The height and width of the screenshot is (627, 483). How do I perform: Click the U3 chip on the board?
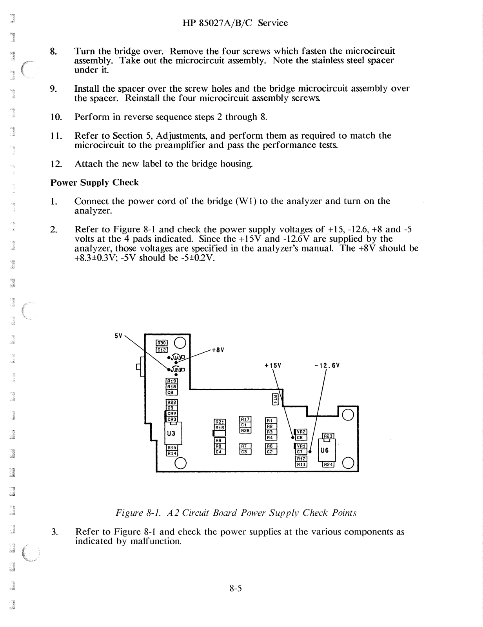[x=171, y=434]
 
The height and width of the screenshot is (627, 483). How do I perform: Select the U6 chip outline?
[x=324, y=451]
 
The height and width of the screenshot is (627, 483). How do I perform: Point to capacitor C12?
[x=162, y=350]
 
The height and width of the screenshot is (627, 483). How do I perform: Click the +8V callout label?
[x=218, y=350]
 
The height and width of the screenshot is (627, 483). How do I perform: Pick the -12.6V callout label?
[x=327, y=366]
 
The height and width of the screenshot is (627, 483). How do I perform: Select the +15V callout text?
[x=273, y=366]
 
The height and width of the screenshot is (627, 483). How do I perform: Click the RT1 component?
[x=275, y=399]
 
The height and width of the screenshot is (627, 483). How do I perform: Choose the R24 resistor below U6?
[x=328, y=465]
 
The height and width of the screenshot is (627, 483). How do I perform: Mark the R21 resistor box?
[x=219, y=422]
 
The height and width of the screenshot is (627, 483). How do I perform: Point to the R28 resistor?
[x=245, y=430]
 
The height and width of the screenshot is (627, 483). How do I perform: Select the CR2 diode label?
[x=172, y=413]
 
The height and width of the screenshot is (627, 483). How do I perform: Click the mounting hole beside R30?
[x=180, y=343]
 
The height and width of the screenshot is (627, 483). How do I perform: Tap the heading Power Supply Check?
[x=94, y=183]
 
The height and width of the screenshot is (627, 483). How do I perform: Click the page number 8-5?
[x=236, y=588]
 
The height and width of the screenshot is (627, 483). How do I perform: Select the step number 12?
[x=56, y=164]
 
